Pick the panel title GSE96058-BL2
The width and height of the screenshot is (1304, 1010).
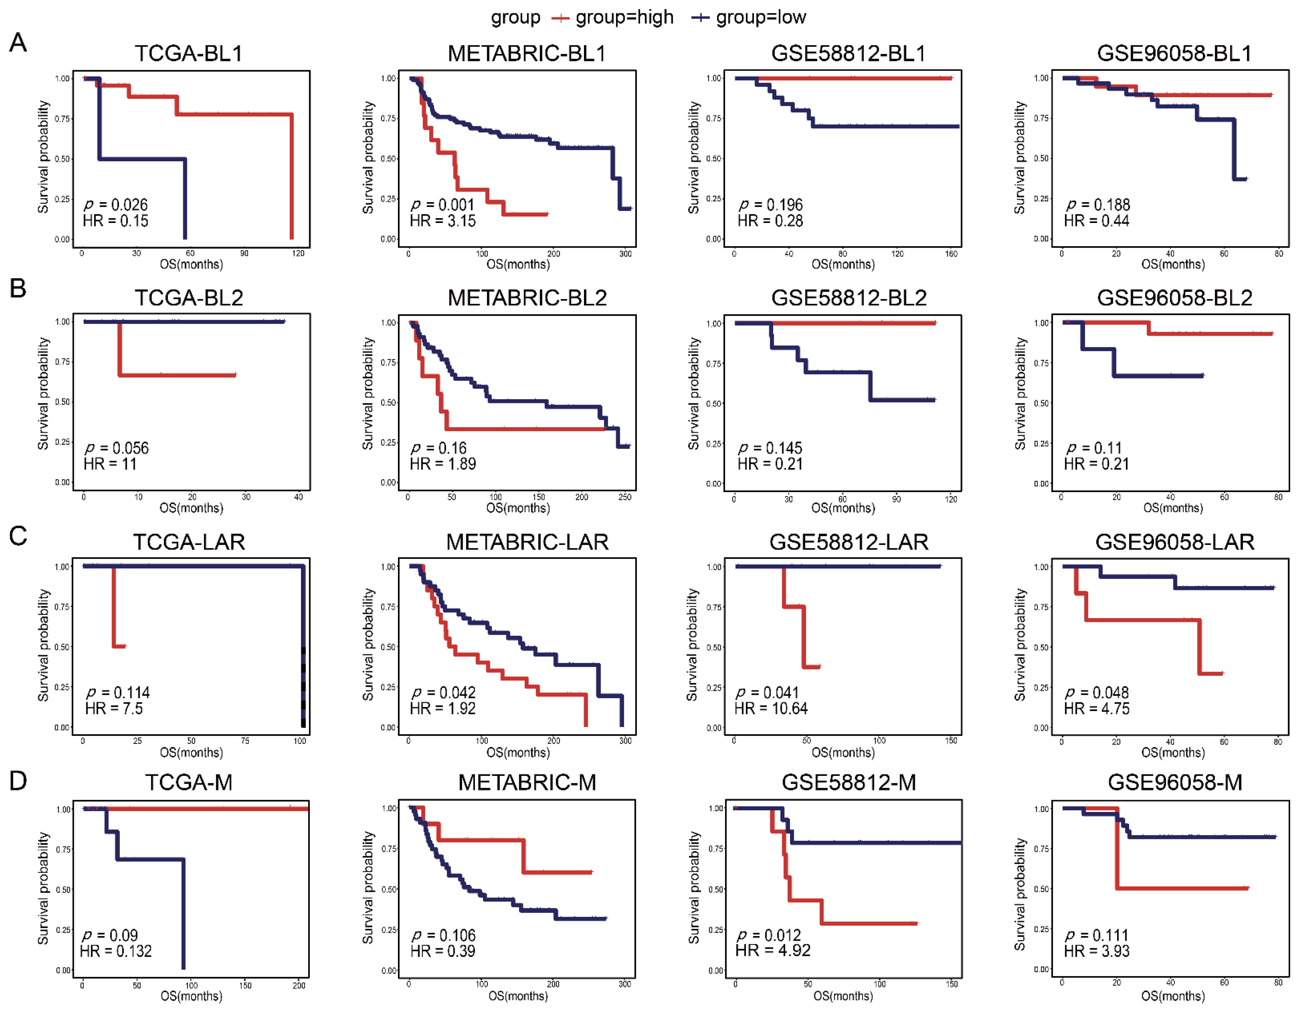1174,297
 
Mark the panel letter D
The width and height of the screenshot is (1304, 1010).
18,780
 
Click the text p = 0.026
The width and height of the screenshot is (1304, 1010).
116,205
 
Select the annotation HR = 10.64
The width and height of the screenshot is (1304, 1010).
771,709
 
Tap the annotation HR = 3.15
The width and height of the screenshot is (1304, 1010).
442,221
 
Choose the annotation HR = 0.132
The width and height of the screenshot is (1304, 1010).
116,951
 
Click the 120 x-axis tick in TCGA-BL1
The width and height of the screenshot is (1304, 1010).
298,253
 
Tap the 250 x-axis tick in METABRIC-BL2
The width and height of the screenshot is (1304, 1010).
625,497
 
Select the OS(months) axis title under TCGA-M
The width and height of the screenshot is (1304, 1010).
191,996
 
